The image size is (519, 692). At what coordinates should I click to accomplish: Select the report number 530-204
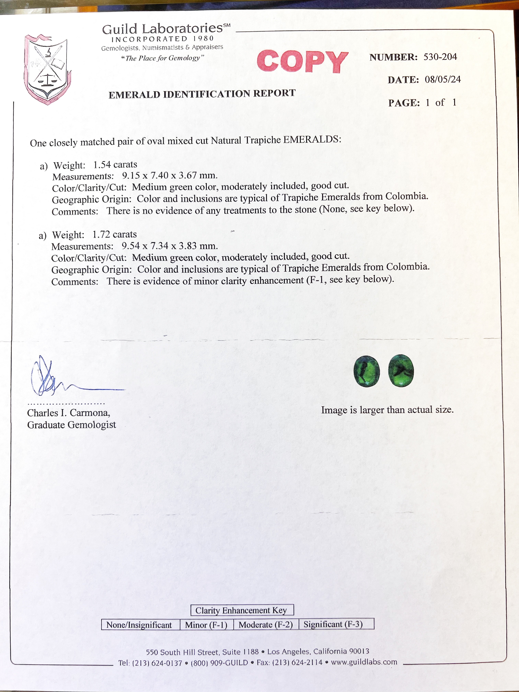click(x=440, y=57)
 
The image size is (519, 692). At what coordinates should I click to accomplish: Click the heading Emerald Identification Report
click(x=202, y=94)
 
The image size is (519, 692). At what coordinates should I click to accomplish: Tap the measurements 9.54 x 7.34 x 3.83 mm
click(x=170, y=246)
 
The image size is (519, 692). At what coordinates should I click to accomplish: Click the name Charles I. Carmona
click(x=68, y=413)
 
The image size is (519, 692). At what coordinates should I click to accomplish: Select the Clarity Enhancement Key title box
click(x=242, y=610)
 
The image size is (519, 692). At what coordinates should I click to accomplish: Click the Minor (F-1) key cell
click(x=206, y=625)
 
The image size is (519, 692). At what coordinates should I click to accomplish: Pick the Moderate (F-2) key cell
click(x=266, y=624)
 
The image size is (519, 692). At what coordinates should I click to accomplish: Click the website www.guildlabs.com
click(x=364, y=662)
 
